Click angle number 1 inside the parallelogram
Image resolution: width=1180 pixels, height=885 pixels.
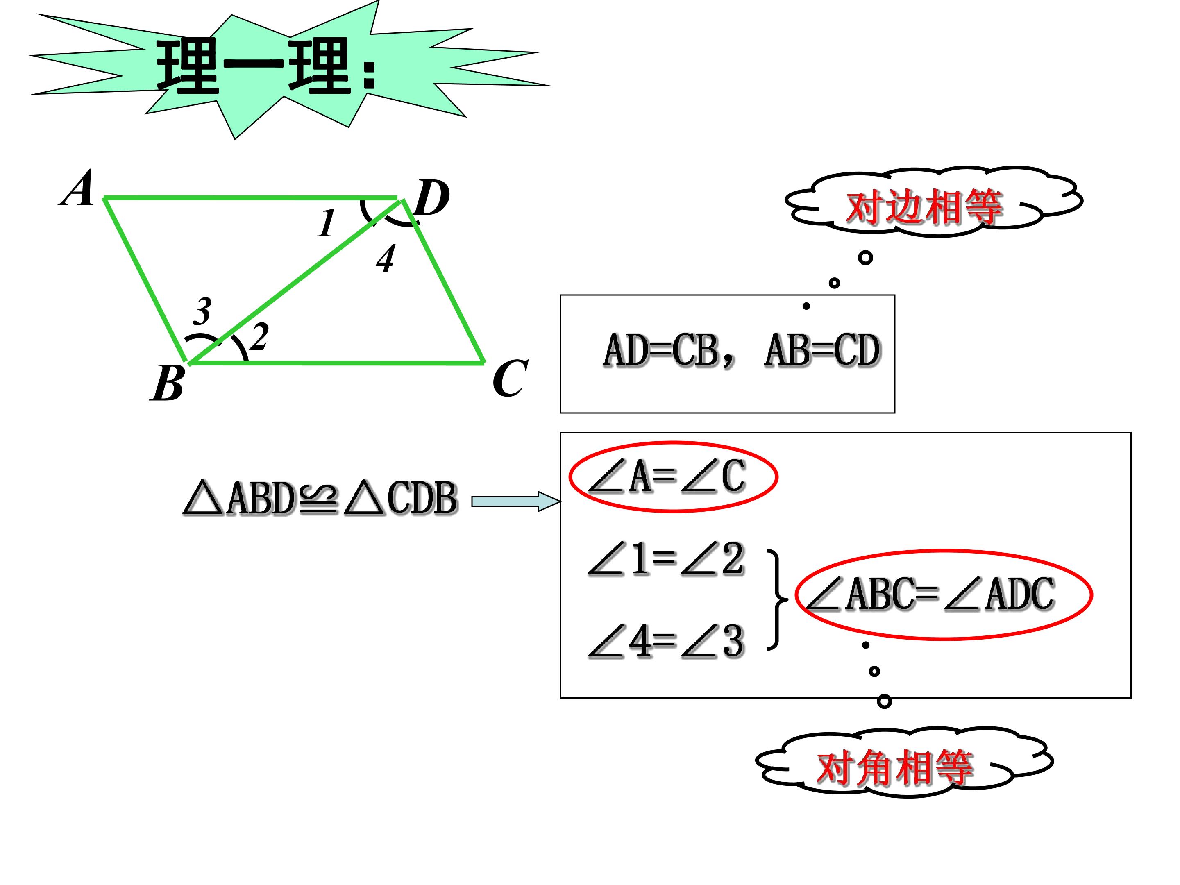326,222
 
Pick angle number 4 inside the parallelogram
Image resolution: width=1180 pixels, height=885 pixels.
386,259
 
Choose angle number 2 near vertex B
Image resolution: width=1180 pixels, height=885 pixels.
259,337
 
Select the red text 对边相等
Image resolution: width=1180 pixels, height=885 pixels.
924,207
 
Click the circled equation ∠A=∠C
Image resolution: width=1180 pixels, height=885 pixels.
667,477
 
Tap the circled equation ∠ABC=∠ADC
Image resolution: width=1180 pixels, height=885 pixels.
930,593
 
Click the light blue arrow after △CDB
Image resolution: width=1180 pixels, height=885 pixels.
515,501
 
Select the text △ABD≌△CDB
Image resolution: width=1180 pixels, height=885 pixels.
320,498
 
